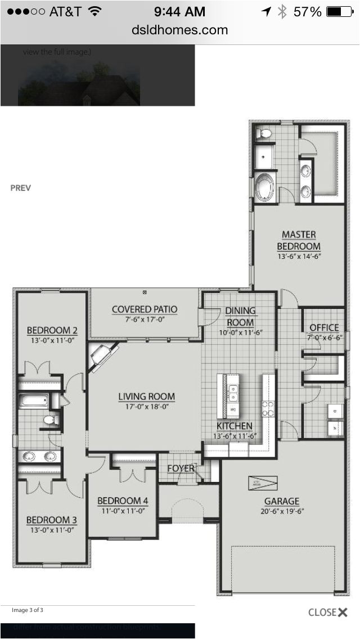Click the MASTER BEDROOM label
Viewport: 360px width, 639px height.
coord(299,240)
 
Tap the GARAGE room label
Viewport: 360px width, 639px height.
coord(282,501)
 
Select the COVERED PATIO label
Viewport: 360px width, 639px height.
coord(145,309)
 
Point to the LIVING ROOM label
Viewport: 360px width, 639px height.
coord(146,397)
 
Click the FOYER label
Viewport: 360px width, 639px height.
coord(181,469)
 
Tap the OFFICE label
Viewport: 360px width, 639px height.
coord(324,327)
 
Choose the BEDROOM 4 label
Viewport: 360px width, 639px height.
coord(123,501)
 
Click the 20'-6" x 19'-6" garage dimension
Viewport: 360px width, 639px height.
coord(282,512)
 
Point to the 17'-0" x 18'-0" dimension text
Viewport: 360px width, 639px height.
coord(146,407)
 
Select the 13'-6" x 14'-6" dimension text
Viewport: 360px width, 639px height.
coord(299,256)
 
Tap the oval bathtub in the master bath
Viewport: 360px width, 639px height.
coord(264,187)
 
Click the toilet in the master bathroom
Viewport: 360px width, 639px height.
coord(263,133)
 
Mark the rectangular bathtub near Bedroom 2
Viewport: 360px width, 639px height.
coord(33,401)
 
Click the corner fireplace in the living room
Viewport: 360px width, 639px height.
coord(101,356)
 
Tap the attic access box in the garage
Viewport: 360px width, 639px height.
coord(263,483)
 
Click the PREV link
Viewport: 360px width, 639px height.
coord(21,188)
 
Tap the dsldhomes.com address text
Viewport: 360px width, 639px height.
coord(180,30)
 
